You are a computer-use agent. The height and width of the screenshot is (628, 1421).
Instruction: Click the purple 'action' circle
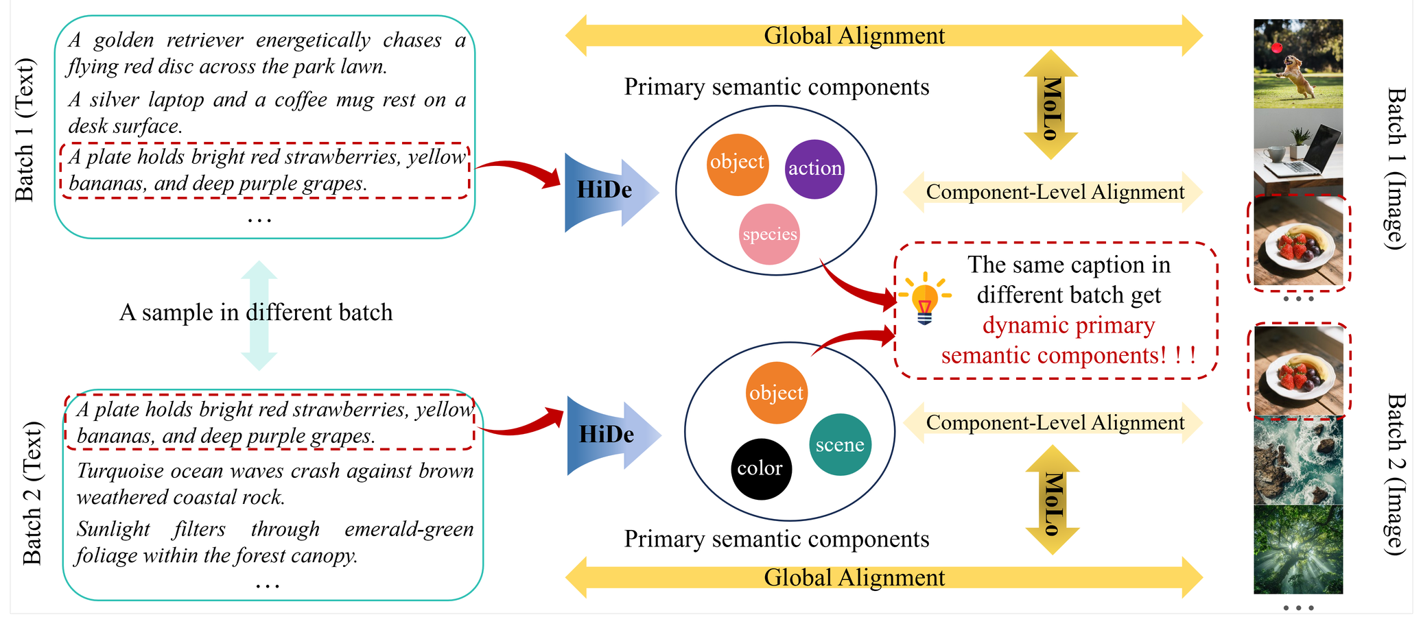[x=814, y=169]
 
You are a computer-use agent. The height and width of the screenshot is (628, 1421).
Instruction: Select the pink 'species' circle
[x=770, y=234]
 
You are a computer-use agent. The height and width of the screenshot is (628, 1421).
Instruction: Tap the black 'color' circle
[x=760, y=469]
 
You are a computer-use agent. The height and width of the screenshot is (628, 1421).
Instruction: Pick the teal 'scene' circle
[x=840, y=445]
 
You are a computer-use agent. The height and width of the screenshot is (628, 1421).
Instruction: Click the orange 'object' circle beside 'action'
[x=737, y=162]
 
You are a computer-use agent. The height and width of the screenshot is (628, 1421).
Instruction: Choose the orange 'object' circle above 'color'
[x=776, y=394]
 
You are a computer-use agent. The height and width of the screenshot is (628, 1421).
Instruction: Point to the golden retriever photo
[x=1297, y=63]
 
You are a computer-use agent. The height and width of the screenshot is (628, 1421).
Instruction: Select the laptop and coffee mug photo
[x=1297, y=152]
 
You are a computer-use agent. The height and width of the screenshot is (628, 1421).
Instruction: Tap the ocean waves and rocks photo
[x=1297, y=461]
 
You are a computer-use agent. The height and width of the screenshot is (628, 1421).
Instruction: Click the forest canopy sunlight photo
[x=1297, y=550]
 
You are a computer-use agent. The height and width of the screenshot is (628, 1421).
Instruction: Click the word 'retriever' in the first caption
[x=204, y=40]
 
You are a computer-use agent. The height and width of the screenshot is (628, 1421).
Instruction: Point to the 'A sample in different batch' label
[x=256, y=313]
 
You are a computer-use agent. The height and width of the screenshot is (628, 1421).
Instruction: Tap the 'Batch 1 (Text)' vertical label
[x=25, y=130]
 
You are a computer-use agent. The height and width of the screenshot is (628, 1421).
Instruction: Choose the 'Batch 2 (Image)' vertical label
[x=1397, y=474]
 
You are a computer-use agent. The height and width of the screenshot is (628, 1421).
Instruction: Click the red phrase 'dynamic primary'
[x=1068, y=326]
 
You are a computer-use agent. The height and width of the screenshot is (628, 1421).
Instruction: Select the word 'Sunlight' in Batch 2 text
[x=113, y=529]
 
